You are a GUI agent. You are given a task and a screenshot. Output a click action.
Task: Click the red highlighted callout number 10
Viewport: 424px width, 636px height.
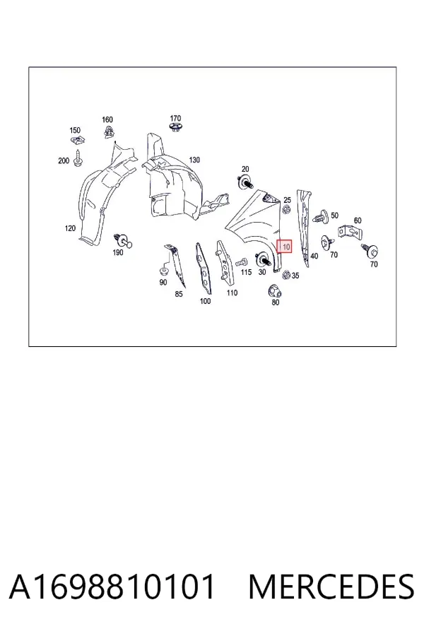(x=284, y=246)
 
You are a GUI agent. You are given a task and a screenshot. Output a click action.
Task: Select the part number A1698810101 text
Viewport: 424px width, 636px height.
(x=112, y=587)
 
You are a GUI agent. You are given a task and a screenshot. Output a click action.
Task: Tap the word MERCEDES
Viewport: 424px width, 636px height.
(x=331, y=587)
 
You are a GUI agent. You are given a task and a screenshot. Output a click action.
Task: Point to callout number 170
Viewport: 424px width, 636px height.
(x=175, y=119)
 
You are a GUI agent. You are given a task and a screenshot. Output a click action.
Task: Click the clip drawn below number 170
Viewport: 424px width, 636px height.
(x=175, y=128)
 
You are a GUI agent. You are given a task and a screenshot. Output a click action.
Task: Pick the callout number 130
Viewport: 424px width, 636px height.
(x=195, y=160)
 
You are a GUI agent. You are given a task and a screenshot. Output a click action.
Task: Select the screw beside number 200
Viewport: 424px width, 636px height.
(x=78, y=158)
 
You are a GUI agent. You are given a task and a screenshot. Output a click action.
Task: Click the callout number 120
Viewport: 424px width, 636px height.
(x=70, y=228)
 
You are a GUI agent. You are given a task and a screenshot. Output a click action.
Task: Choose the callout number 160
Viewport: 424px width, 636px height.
(x=107, y=119)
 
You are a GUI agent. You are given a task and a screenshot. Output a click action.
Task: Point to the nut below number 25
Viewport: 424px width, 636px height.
(x=286, y=210)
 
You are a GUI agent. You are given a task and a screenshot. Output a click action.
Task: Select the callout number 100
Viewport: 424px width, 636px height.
(x=206, y=301)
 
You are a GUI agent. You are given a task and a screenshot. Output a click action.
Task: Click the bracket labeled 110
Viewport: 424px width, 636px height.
(x=225, y=261)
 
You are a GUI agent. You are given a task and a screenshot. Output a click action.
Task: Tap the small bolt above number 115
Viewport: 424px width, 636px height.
(x=242, y=261)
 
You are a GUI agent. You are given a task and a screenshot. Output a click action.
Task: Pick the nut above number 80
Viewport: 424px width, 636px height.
(x=275, y=291)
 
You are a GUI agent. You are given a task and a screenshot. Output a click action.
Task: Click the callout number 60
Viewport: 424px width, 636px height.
(x=358, y=220)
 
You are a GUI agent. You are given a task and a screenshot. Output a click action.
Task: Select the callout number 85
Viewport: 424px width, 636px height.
(x=179, y=294)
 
